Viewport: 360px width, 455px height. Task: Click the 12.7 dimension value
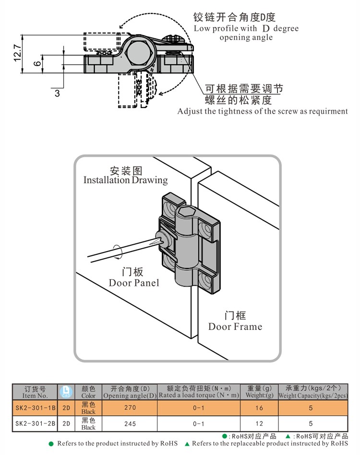pyautogui.click(x=17, y=53)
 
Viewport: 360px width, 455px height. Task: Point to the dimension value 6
pyautogui.click(x=36, y=63)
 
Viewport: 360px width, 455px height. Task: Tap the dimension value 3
pyautogui.click(x=57, y=93)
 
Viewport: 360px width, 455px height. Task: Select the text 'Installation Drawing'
pyautogui.click(x=126, y=180)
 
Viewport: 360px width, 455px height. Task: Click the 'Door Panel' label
pyautogui.click(x=133, y=283)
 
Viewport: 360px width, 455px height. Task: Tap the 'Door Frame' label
pyautogui.click(x=235, y=327)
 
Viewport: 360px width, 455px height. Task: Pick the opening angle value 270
pyautogui.click(x=130, y=407)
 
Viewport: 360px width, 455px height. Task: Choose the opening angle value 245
pyautogui.click(x=130, y=424)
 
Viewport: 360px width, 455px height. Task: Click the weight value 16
pyautogui.click(x=260, y=407)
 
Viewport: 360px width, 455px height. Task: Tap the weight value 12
pyautogui.click(x=260, y=424)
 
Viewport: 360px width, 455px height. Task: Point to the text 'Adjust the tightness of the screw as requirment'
pyautogui.click(x=263, y=111)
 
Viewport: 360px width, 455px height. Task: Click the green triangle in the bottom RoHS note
pyautogui.click(x=188, y=443)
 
